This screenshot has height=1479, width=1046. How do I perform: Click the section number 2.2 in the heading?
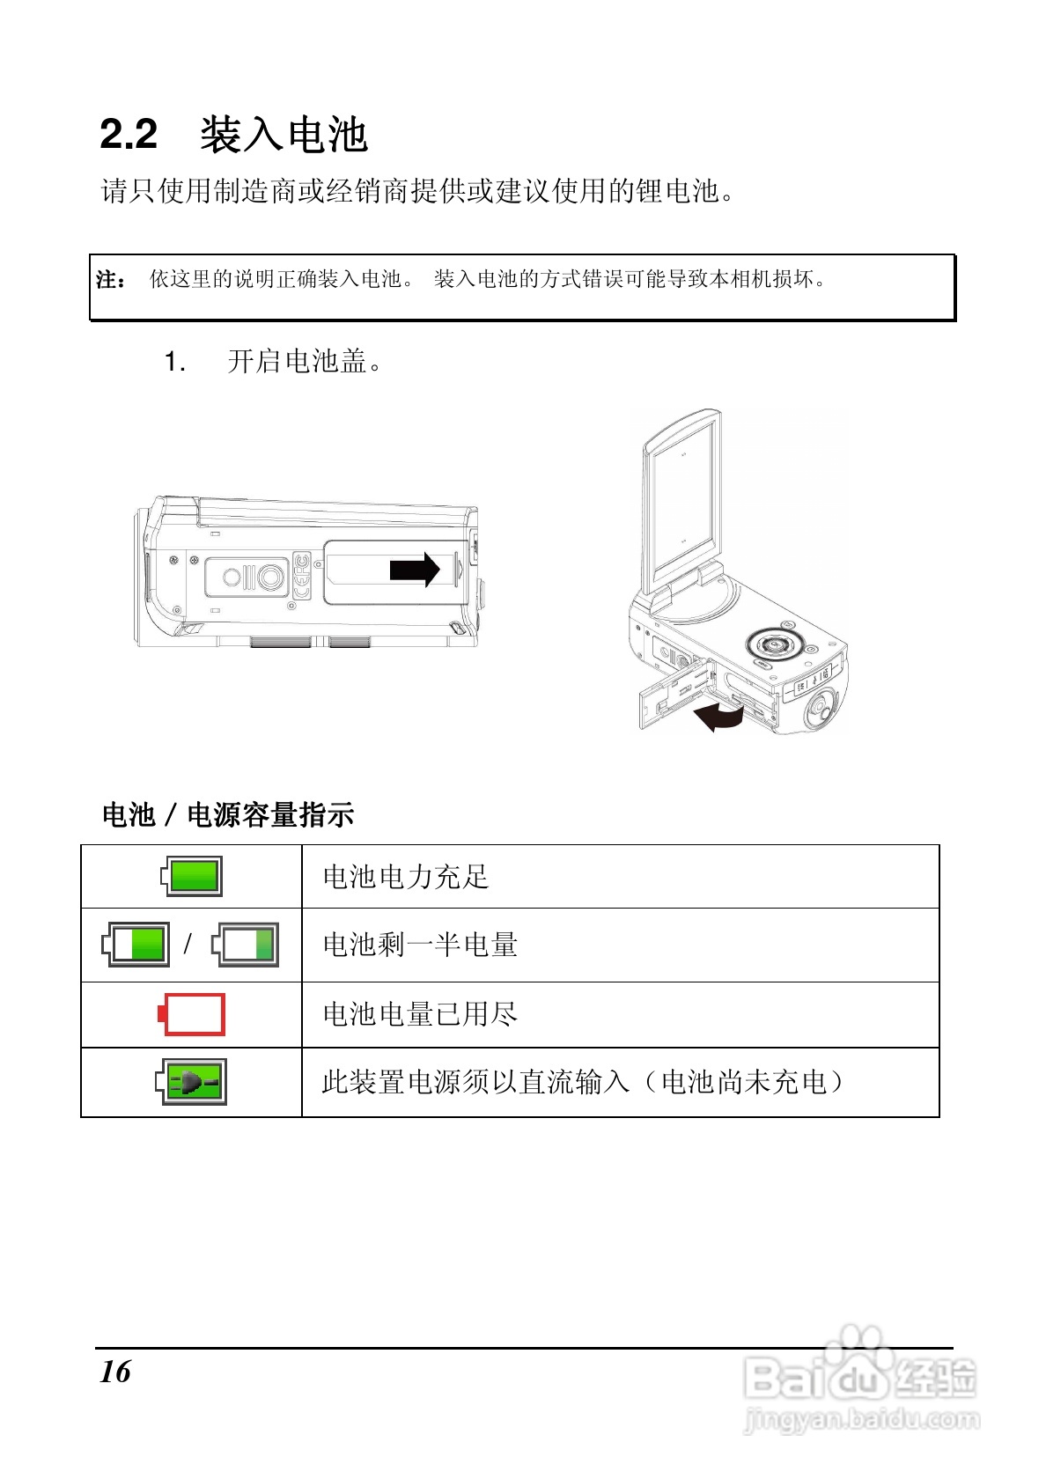click(x=129, y=135)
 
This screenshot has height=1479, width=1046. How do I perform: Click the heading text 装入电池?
click(x=283, y=135)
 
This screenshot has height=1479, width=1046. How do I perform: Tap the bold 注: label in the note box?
click(x=110, y=280)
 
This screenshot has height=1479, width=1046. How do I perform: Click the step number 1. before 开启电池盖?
click(x=174, y=361)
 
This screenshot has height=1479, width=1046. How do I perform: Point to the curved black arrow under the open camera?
click(x=717, y=716)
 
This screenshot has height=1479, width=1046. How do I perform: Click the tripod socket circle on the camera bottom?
click(x=270, y=577)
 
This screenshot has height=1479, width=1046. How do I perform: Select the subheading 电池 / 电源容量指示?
click(x=228, y=815)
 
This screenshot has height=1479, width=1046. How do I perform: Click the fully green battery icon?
click(x=192, y=876)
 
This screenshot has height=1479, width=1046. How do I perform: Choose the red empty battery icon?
click(x=192, y=1014)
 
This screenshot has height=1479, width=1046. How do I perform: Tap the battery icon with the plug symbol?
click(x=192, y=1082)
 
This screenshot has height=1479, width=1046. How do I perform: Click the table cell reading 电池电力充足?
click(x=405, y=877)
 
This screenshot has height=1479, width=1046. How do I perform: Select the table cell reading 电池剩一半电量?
click(x=420, y=945)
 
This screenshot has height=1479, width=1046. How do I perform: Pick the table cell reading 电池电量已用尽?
click(x=420, y=1014)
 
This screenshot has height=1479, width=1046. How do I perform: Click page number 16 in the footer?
click(x=115, y=1372)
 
